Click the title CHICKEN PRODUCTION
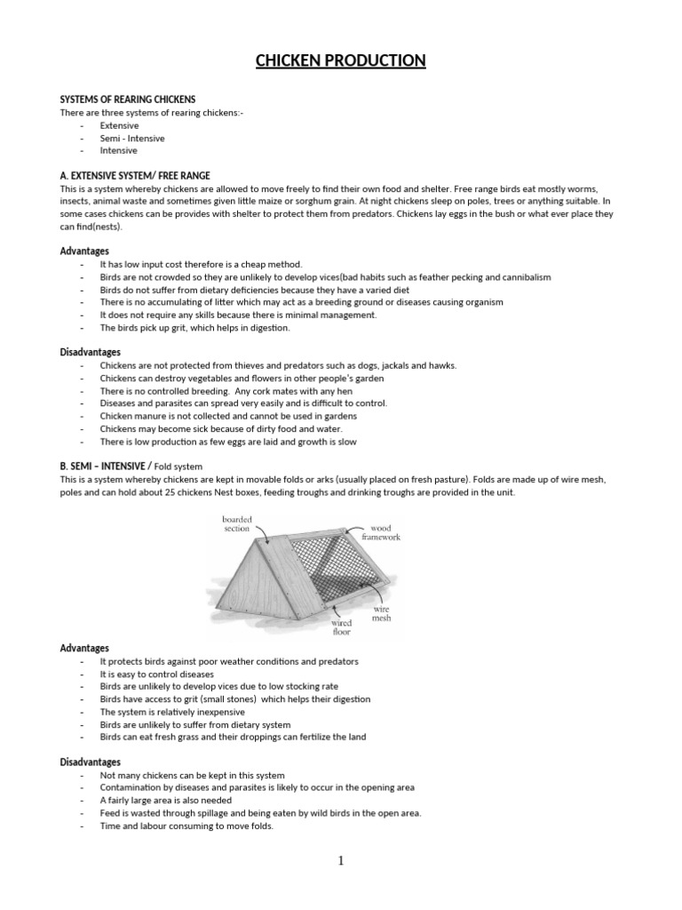coord(341,60)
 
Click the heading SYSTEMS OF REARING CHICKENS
coord(127,99)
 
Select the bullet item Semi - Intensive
coord(131,139)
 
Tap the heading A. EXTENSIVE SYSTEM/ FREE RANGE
coord(135,176)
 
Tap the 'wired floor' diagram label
coord(341,627)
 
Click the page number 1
coord(340,860)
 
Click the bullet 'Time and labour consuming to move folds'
coord(186,826)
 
